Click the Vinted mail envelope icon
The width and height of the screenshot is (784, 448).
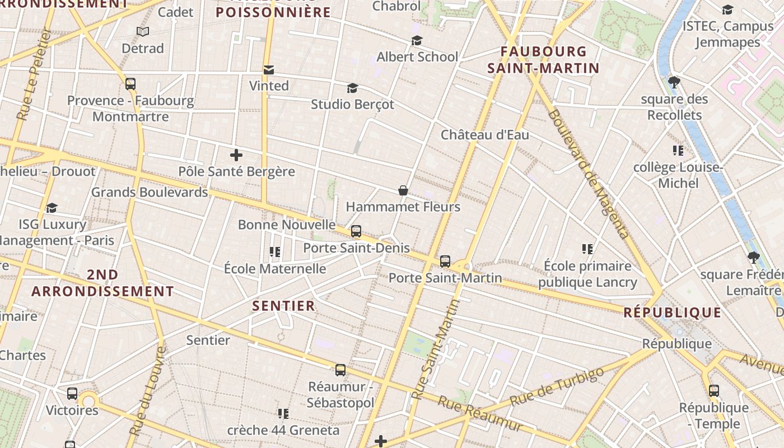pos(269,69)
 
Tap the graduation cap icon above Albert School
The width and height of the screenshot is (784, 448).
pos(417,40)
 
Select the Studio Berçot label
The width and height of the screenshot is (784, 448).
pos(352,104)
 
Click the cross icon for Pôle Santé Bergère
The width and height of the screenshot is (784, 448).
pos(236,155)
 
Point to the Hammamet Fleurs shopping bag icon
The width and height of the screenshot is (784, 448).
pos(403,190)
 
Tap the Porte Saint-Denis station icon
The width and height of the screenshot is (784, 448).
pos(356,231)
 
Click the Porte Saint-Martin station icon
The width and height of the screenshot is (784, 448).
pos(445,261)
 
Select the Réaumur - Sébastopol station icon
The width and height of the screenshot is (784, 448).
pos(340,370)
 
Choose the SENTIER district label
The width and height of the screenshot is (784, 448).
pos(283,306)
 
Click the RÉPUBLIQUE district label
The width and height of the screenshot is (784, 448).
pos(673,312)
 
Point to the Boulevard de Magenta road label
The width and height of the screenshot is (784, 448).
pos(589,174)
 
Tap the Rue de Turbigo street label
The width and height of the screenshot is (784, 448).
pos(559,387)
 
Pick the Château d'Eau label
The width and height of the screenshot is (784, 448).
pos(484,134)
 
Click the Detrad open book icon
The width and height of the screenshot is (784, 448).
pos(143,32)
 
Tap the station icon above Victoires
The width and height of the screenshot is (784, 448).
pos(72,394)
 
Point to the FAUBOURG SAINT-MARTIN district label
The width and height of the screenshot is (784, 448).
pos(543,60)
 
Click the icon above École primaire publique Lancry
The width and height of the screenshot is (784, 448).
pos(587,249)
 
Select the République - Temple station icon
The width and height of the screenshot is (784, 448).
pos(714,391)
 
